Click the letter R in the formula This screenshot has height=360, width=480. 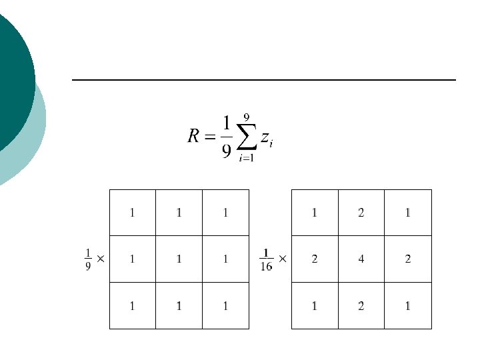pyautogui.click(x=193, y=137)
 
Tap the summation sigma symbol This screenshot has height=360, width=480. pyautogui.click(x=246, y=138)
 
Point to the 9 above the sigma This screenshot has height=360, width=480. pyautogui.click(x=247, y=117)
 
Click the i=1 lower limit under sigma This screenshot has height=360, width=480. pyautogui.click(x=247, y=159)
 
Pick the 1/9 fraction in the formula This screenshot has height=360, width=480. pyautogui.click(x=227, y=137)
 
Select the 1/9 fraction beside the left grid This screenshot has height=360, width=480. pyautogui.click(x=88, y=259)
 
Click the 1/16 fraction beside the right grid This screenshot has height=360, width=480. pyautogui.click(x=266, y=259)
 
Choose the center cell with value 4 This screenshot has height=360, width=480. pyautogui.click(x=361, y=259)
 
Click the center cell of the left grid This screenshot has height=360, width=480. pyautogui.click(x=179, y=259)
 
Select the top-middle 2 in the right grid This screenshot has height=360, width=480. pyautogui.click(x=361, y=213)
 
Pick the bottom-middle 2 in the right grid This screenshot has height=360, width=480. pyautogui.click(x=361, y=306)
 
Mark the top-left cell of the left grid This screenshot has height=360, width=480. pyautogui.click(x=132, y=213)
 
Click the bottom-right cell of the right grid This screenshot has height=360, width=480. pyautogui.click(x=408, y=306)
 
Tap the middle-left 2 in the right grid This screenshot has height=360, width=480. pyautogui.click(x=315, y=259)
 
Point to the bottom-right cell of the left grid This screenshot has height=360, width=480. pyautogui.click(x=225, y=306)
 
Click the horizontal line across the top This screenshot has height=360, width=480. pyautogui.click(x=263, y=80)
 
